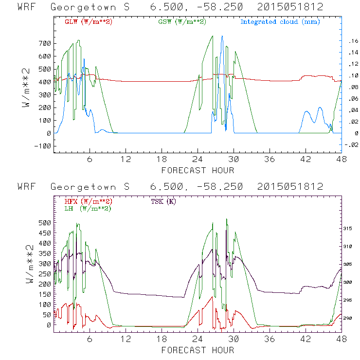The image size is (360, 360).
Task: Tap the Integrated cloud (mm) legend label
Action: (x=280, y=22)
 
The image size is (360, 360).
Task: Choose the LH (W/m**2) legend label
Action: (x=88, y=208)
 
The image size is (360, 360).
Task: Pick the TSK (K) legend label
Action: (x=164, y=201)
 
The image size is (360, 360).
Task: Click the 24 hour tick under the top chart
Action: (x=198, y=159)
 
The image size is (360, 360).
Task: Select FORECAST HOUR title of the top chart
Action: (x=198, y=170)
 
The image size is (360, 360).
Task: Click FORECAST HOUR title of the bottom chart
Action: (x=198, y=350)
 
